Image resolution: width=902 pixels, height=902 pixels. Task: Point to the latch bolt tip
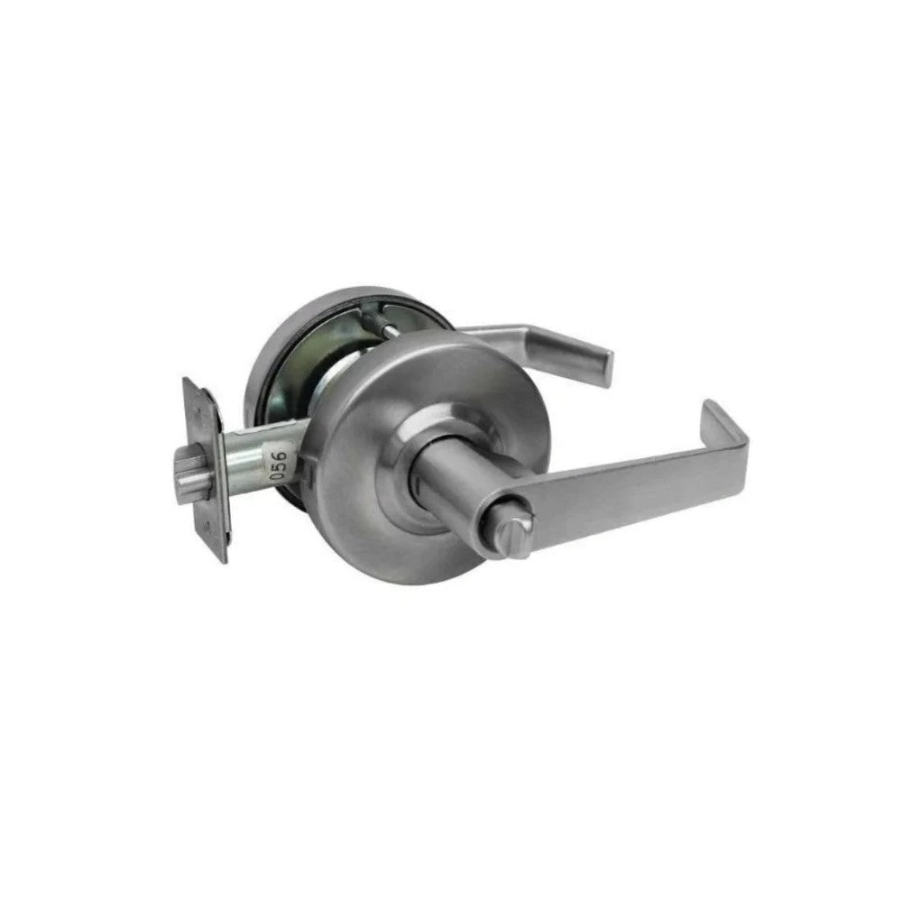[189, 475]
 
